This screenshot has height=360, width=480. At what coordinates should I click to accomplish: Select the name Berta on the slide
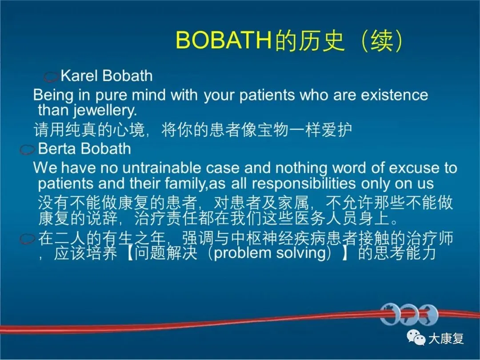56,148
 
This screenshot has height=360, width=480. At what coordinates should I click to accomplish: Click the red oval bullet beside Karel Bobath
51,76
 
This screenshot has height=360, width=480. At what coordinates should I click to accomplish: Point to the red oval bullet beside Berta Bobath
28,149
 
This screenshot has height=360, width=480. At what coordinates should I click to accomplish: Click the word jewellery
105,110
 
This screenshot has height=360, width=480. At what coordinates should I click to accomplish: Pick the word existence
394,95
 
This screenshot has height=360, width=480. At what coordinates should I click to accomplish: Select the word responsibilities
304,184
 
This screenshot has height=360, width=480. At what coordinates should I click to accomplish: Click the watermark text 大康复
446,338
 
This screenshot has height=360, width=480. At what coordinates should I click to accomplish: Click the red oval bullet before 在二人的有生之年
28,239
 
